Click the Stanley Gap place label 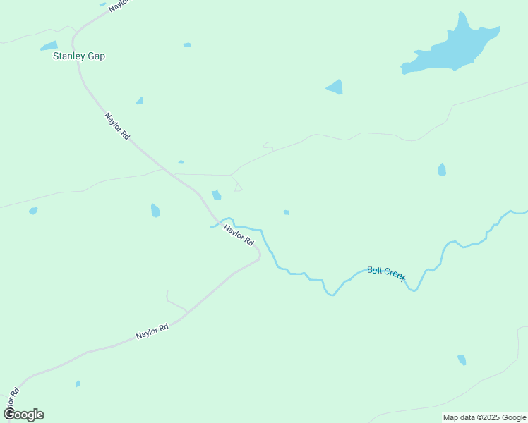(79, 56)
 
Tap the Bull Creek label (386, 274)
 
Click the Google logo (23, 415)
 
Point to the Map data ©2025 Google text (484, 417)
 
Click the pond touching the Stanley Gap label (49, 46)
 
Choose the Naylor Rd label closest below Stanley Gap (116, 125)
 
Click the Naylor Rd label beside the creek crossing (239, 235)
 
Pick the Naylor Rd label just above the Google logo (11, 398)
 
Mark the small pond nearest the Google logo (78, 384)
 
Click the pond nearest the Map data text (462, 360)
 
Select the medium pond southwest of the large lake (335, 87)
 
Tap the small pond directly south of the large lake (441, 169)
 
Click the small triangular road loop (238, 187)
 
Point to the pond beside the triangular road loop (217, 195)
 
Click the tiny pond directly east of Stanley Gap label (187, 45)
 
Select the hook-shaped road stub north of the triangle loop (268, 146)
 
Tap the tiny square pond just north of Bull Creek (286, 212)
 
